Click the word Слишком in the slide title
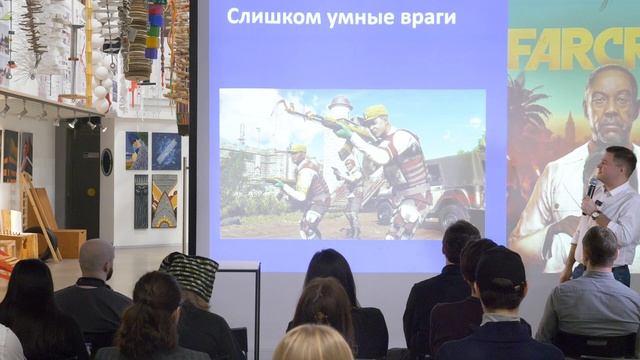click(261, 17)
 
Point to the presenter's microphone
click(592, 189)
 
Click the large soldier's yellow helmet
click(375, 112)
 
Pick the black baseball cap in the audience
click(500, 268)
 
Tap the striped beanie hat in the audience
click(191, 273)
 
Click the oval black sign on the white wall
click(107, 162)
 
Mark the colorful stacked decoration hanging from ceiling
click(154, 30)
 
